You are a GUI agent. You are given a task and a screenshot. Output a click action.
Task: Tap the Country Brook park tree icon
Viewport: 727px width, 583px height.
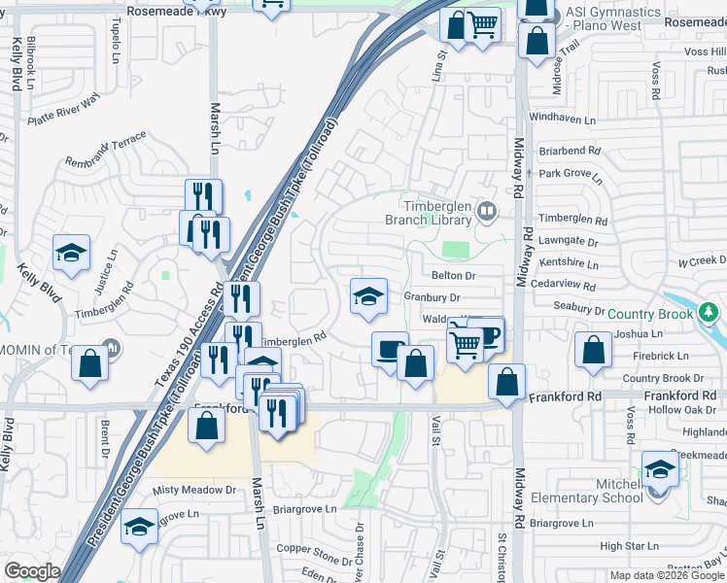pyautogui.click(x=710, y=313)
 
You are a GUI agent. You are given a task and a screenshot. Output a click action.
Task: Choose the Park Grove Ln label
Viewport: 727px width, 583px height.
pyautogui.click(x=571, y=176)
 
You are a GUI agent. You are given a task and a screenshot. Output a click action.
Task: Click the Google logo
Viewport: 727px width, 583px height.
pyautogui.click(x=32, y=571)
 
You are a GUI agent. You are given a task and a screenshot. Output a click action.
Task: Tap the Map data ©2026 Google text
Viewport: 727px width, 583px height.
pyautogui.click(x=667, y=575)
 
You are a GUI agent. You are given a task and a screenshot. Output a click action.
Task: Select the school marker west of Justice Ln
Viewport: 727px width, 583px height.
pyautogui.click(x=72, y=254)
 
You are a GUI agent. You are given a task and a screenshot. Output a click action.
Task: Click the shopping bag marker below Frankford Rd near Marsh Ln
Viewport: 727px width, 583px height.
pyautogui.click(x=207, y=426)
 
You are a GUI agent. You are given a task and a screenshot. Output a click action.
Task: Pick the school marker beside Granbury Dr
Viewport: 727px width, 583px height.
pyautogui.click(x=368, y=296)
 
